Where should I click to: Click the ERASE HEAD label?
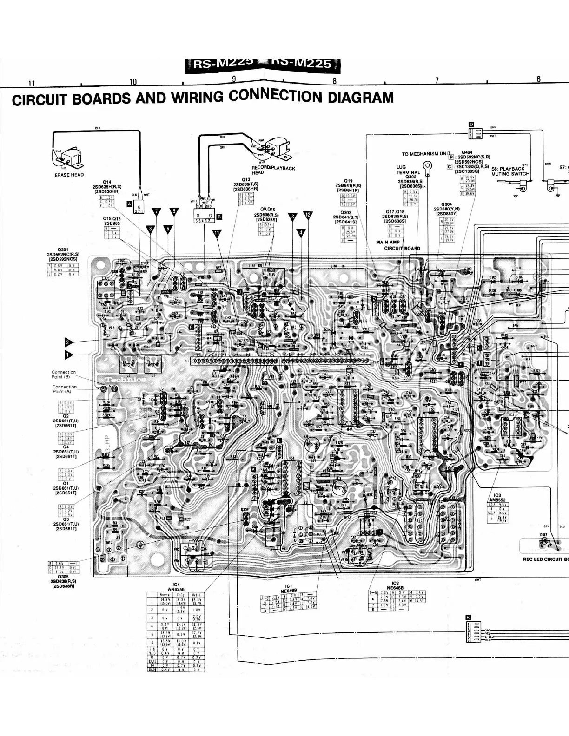tap(69, 175)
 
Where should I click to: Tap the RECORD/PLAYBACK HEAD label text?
tap(273, 170)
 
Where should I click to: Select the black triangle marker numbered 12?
tap(308, 215)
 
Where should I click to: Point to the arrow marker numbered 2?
tap(69, 342)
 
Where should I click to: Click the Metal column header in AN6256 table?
tap(196, 595)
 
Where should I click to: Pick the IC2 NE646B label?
tap(396, 585)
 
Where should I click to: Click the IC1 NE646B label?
tap(289, 588)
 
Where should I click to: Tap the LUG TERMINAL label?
tap(408, 170)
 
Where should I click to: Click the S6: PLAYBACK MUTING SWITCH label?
tap(510, 171)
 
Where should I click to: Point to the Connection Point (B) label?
tap(64, 375)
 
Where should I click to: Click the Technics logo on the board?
tap(126, 380)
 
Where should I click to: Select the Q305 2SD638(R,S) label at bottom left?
tap(63, 580)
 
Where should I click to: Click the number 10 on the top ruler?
tap(133, 82)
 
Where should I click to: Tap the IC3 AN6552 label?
tap(497, 498)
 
